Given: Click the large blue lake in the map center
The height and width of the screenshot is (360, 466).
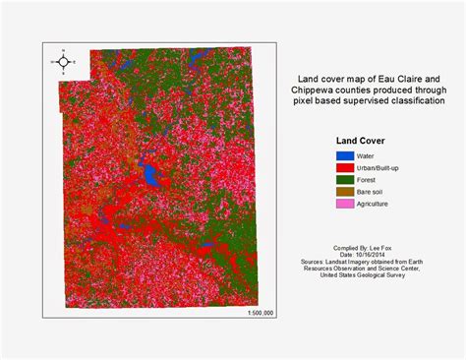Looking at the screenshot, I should coord(150,176).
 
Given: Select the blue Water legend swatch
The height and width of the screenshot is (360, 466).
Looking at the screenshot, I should coord(344,155).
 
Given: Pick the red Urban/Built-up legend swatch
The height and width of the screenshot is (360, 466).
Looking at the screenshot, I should coord(344,167).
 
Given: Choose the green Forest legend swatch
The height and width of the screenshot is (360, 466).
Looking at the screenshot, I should coord(344,179).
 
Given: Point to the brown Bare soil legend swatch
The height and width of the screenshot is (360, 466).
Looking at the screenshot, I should coord(344,191).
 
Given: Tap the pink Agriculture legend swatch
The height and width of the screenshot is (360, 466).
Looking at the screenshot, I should coord(344,203).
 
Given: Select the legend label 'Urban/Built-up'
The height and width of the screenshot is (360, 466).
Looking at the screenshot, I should coord(382,167).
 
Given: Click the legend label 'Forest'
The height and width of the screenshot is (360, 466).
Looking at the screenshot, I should coord(370,179).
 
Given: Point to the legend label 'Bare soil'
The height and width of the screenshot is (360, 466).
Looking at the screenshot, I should coord(374,191).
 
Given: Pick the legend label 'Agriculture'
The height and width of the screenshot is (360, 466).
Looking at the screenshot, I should coord(377,204).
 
